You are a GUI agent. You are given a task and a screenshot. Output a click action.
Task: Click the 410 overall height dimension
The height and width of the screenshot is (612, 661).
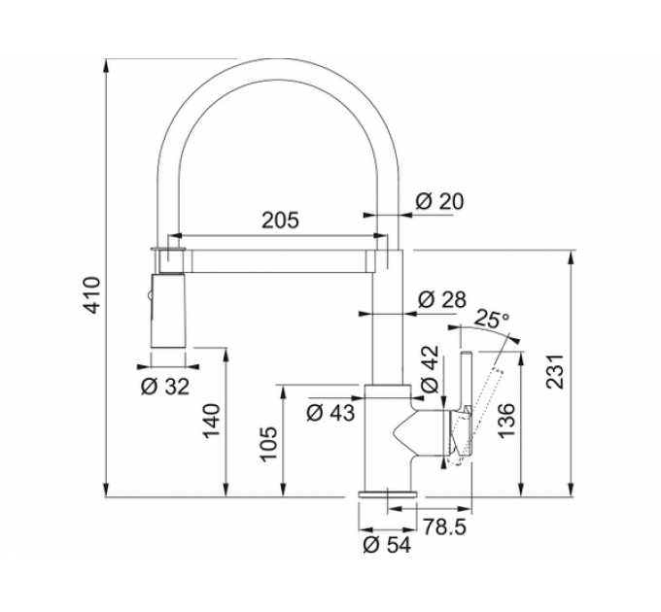[x=92, y=295]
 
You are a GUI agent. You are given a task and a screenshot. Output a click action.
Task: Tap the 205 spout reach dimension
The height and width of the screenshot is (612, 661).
[x=280, y=221]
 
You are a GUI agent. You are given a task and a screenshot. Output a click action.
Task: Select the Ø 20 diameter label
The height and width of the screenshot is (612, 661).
[x=439, y=201]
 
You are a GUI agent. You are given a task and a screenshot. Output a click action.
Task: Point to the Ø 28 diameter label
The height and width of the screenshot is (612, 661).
[x=442, y=300]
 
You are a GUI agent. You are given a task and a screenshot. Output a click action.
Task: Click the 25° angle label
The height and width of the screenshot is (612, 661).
[x=492, y=319]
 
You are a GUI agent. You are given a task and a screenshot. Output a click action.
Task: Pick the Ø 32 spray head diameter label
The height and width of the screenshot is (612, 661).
[x=165, y=387]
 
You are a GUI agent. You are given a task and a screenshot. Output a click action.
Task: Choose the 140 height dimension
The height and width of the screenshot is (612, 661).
[x=212, y=421]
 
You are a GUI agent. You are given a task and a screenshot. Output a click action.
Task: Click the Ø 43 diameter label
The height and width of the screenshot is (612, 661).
[x=330, y=413]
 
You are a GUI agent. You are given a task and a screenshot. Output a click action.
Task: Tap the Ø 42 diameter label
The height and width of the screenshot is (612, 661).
[x=430, y=369]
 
